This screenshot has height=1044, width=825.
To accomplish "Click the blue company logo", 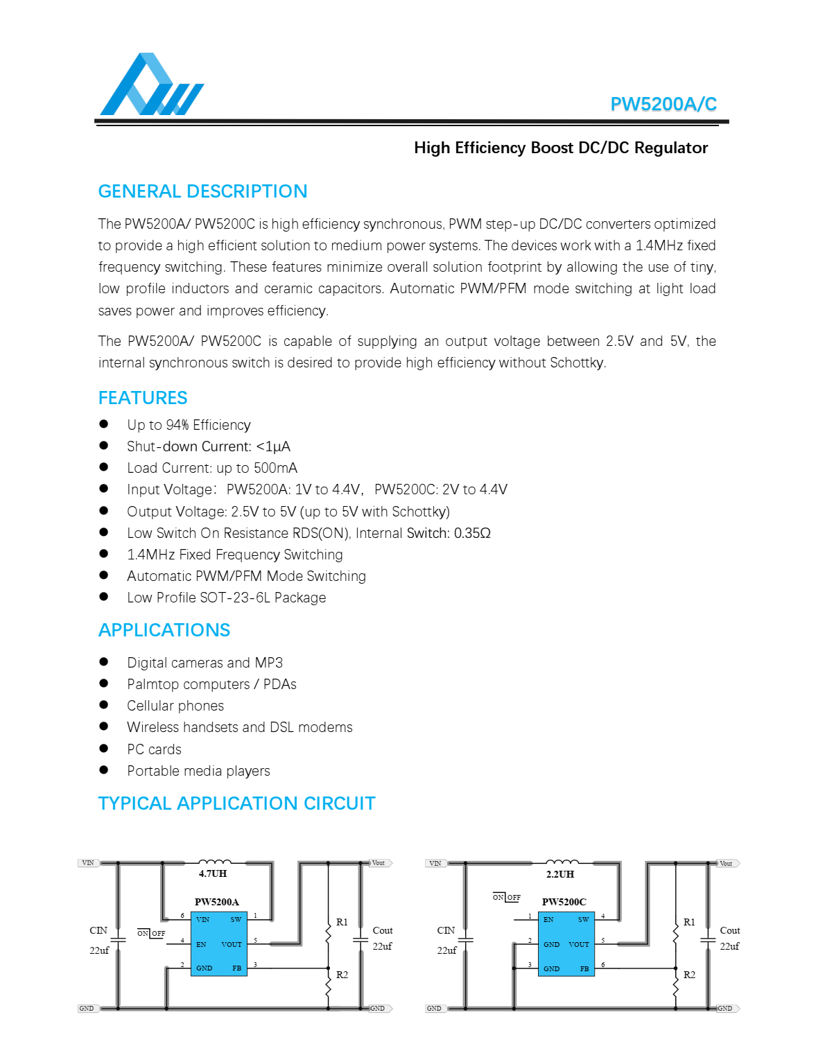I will point(151,85).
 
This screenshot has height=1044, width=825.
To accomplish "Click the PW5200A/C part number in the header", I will point(663,104).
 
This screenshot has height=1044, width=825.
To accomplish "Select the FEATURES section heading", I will point(143,398).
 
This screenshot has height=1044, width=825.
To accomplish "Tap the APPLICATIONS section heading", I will point(164,630).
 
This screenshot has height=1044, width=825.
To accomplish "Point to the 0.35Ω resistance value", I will point(472,533).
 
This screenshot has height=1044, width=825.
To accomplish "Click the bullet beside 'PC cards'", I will point(104,749).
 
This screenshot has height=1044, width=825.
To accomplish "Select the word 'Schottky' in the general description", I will point(577,363).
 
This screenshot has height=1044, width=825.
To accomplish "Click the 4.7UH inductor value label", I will point(213,874).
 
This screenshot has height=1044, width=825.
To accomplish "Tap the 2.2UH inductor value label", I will point(560,875).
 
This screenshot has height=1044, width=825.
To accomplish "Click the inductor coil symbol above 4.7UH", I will point(215,863).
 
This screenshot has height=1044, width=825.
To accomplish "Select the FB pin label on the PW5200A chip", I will point(237,968).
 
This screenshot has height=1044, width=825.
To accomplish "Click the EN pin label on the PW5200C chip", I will point(548,920).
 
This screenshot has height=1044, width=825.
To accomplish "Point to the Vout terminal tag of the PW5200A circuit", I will point(379,863).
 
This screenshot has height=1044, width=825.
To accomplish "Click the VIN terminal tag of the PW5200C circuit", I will point(435,864).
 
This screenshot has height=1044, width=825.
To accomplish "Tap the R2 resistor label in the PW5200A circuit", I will point(342,975).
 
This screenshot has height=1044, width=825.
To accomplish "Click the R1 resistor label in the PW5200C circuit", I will point(689,923).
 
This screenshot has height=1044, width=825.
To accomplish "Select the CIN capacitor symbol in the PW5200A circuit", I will point(118,940).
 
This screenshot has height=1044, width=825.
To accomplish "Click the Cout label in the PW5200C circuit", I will point(730,930).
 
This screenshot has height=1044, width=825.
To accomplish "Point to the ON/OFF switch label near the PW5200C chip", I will point(507,897).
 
